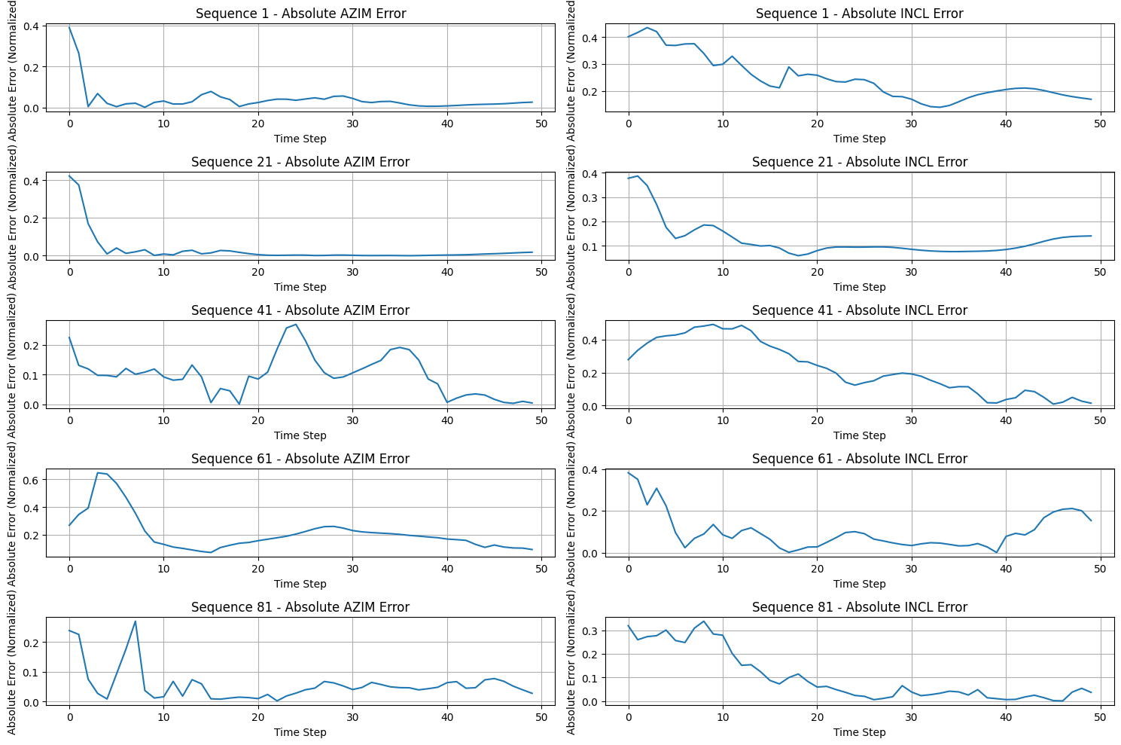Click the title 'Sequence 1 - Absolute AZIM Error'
[x=300, y=14]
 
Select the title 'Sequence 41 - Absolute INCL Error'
[x=859, y=310]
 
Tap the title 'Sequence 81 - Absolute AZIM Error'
[x=300, y=607]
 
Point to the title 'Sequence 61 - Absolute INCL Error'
[x=859, y=459]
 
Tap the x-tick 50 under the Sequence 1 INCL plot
[x=1100, y=124]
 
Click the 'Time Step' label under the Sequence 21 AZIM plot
[x=300, y=287]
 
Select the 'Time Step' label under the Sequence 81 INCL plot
[x=859, y=732]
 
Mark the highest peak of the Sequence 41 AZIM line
[x=296, y=325]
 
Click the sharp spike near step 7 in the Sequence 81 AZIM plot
[x=136, y=621]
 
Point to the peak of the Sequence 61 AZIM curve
[x=98, y=473]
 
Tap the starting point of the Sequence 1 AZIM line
[x=69, y=27]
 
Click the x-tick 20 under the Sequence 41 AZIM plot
[x=258, y=420]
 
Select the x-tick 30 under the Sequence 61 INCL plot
[x=912, y=569]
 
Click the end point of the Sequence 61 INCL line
[x=1091, y=521]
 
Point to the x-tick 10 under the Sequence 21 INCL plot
[x=723, y=272]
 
